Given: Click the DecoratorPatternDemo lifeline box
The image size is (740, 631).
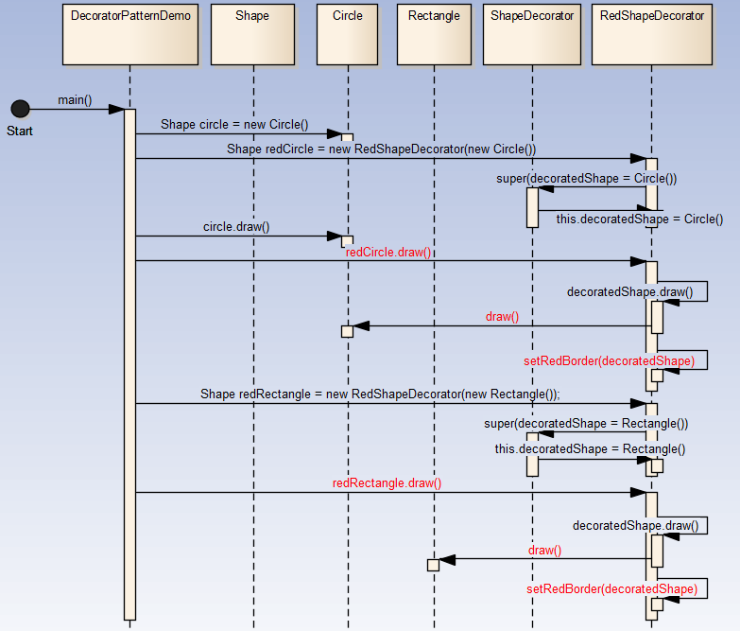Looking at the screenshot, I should pyautogui.click(x=130, y=35).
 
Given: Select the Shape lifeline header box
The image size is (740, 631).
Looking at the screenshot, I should pyautogui.click(x=252, y=35).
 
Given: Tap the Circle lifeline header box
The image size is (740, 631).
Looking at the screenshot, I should pyautogui.click(x=348, y=35).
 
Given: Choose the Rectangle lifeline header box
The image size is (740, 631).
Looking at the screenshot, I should pyautogui.click(x=434, y=35).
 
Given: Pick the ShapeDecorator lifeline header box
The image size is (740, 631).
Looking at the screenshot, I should pyautogui.click(x=532, y=35).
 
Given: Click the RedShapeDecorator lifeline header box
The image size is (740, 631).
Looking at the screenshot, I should pyautogui.click(x=652, y=35).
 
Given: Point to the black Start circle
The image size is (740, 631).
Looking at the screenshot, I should pyautogui.click(x=20, y=109).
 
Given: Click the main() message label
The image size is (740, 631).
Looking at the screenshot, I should pyautogui.click(x=74, y=99).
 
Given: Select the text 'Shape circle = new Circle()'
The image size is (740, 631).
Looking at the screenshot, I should pyautogui.click(x=234, y=124).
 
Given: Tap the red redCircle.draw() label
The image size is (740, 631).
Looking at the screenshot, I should pyautogui.click(x=387, y=252).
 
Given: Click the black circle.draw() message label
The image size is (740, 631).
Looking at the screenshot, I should pyautogui.click(x=236, y=227).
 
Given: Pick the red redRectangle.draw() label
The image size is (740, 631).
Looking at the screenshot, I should pyautogui.click(x=387, y=482).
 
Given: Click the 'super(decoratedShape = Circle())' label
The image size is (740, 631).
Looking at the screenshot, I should pyautogui.click(x=586, y=178).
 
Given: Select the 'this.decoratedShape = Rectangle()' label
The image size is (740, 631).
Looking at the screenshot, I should pyautogui.click(x=590, y=449).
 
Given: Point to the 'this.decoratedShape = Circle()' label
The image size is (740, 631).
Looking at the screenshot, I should pyautogui.click(x=639, y=219).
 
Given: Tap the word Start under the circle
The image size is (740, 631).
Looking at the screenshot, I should pyautogui.click(x=20, y=131).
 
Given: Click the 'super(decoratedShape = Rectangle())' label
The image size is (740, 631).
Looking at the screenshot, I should pyautogui.click(x=586, y=424).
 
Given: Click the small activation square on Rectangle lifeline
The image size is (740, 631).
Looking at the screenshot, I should pyautogui.click(x=433, y=565).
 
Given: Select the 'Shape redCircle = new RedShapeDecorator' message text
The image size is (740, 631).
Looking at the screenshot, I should pyautogui.click(x=381, y=149).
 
